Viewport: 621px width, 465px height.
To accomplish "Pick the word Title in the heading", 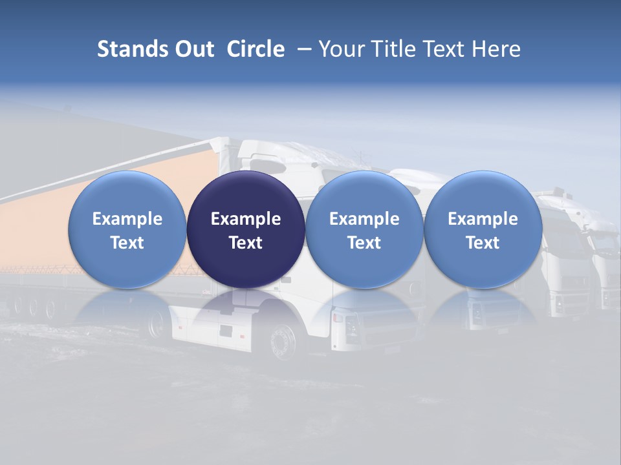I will (393, 49).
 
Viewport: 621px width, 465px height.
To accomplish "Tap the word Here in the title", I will (497, 49).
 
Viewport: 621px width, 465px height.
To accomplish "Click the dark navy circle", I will (246, 230).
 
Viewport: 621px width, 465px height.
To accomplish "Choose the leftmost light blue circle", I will (127, 230).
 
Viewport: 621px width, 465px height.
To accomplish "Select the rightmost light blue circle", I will (483, 230).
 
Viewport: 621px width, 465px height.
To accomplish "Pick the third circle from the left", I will (364, 230).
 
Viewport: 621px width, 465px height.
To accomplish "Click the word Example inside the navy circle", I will (246, 219).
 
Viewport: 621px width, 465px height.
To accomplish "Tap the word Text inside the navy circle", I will (246, 243).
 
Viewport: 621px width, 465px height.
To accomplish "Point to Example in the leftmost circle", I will (127, 219).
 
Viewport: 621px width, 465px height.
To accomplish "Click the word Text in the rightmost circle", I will (483, 243).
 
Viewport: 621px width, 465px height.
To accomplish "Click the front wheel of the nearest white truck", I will (283, 340).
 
